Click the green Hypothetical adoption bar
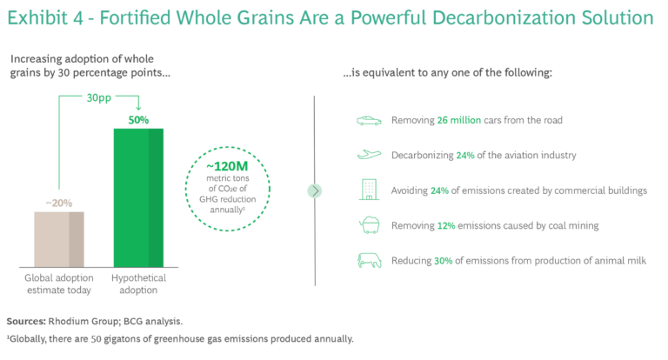tap(138, 197)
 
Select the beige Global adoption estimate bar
tap(59, 239)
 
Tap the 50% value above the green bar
tap(138, 120)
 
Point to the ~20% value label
tap(59, 203)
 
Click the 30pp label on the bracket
tap(99, 98)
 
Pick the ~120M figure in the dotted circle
tap(227, 166)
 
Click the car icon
tap(369, 121)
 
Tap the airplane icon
tap(369, 155)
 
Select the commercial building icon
tap(369, 190)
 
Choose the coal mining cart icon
tap(369, 225)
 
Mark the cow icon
tap(369, 260)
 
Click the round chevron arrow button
tap(315, 190)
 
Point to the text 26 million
tap(459, 120)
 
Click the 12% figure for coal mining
tap(446, 225)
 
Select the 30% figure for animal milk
tap(443, 261)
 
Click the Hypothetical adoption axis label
tap(138, 283)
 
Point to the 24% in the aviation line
tap(465, 155)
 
